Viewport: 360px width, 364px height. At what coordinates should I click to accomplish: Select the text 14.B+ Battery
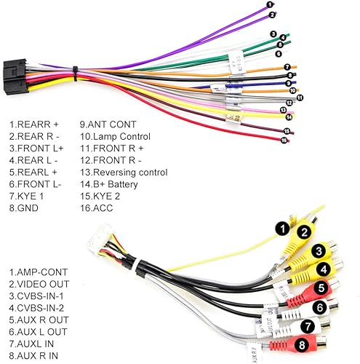point(115,183)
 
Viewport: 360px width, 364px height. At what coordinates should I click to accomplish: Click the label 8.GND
point(23,207)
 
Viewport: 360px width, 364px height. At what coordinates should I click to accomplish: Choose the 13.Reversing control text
point(124,172)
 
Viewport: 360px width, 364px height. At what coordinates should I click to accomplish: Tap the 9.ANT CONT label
point(106,124)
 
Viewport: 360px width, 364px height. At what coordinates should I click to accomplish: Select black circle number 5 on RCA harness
point(319,288)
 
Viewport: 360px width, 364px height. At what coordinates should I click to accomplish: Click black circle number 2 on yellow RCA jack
point(304,233)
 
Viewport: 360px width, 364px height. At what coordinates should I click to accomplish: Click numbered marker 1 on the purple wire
point(271,6)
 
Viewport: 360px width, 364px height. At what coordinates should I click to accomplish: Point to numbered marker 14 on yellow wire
point(289,116)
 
